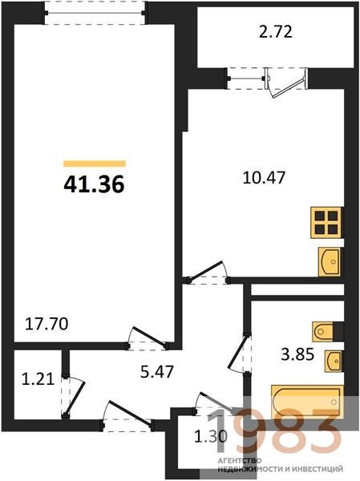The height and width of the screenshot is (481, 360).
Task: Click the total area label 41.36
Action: [94, 184]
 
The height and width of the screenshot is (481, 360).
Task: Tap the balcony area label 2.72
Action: [276, 32]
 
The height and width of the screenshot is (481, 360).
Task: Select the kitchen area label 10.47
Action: [264, 177]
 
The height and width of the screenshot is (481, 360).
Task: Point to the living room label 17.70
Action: [47, 324]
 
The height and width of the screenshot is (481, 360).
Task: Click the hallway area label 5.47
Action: [157, 371]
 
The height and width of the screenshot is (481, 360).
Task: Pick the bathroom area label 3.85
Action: [297, 354]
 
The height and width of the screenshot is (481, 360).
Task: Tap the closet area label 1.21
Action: [38, 378]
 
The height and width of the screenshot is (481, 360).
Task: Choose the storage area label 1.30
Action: [211, 435]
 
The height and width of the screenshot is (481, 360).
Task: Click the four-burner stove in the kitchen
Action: [326, 223]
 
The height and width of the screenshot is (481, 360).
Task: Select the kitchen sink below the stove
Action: [330, 261]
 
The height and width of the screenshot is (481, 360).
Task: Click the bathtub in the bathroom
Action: [307, 402]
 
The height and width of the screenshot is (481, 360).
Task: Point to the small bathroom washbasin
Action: [334, 361]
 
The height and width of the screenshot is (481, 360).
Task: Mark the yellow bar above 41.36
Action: [95, 164]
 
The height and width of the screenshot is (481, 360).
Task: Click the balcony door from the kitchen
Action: [288, 86]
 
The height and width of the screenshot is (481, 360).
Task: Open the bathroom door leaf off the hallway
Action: [237, 353]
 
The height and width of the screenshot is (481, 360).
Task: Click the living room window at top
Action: [95, 13]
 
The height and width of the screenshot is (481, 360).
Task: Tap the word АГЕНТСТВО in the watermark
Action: [240, 460]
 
